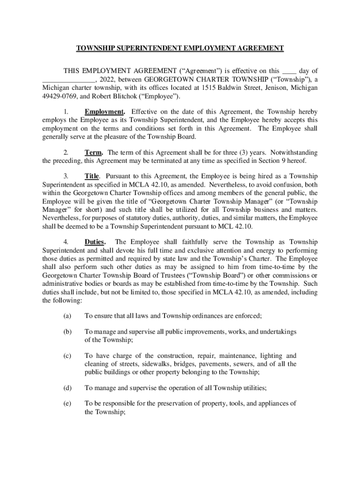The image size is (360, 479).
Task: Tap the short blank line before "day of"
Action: pos(289,71)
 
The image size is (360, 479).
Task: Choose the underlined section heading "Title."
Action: pos(93,176)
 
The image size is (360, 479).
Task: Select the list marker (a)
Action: pos(67,316)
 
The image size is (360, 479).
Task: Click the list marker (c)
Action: pos(67,356)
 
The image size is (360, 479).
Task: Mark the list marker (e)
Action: pos(67,403)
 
